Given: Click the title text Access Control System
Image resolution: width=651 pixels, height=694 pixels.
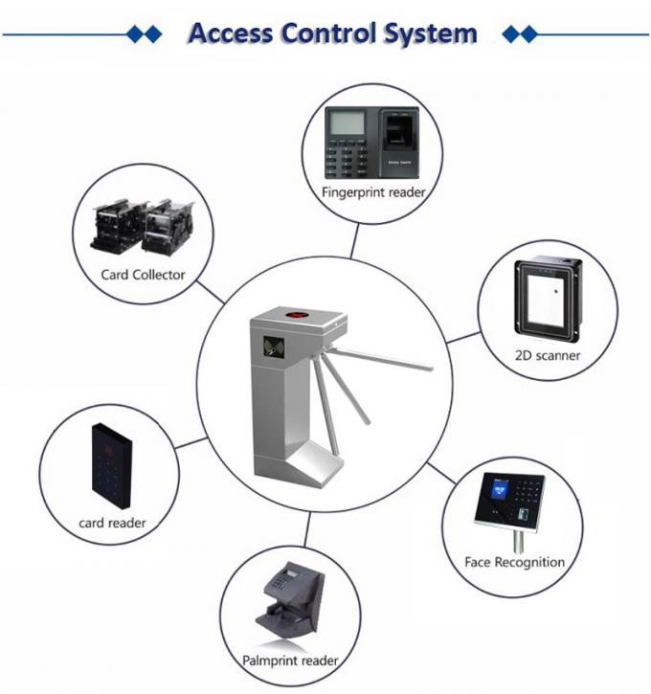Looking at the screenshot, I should [x=332, y=34].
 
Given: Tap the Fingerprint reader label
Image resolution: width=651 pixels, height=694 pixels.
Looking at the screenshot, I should [x=373, y=192].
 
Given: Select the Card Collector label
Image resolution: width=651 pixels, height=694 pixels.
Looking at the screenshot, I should [x=143, y=275].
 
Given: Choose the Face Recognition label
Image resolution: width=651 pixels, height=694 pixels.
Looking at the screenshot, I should [x=514, y=562].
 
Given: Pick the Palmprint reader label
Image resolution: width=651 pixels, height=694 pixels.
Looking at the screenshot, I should [x=289, y=660].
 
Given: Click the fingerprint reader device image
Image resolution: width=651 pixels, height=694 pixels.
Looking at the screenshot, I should [x=373, y=143].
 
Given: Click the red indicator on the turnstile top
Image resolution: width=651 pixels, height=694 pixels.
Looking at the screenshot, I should [x=296, y=312].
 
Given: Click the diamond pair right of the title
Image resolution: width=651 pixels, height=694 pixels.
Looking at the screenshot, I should [x=520, y=34].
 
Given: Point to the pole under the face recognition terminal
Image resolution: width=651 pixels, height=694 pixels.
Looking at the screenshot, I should [x=518, y=541].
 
